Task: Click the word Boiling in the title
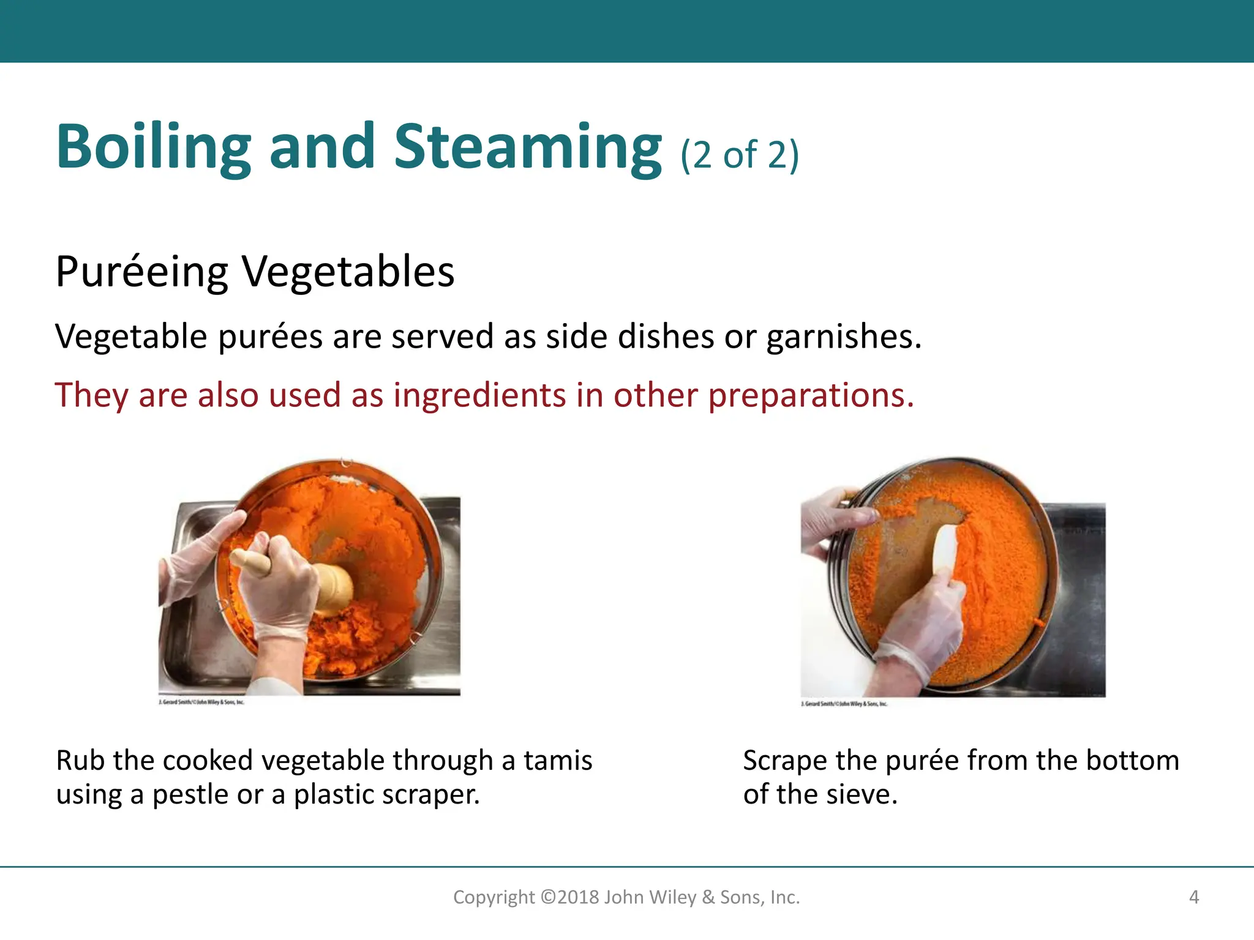click(153, 147)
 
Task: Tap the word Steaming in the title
click(528, 147)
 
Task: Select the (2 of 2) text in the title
click(740, 154)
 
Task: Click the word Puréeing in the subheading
click(141, 272)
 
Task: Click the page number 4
click(1193, 897)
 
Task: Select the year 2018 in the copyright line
click(577, 897)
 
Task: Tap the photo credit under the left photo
click(201, 703)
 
